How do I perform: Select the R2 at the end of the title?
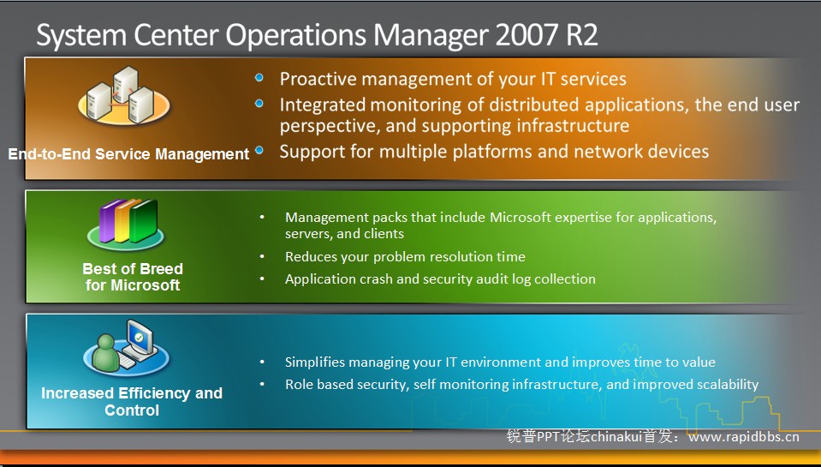[580, 35]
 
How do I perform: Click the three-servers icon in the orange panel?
[124, 95]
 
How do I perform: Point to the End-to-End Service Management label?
[128, 154]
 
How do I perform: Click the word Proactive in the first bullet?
[318, 79]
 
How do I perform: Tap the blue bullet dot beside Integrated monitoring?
[259, 103]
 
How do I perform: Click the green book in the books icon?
[144, 221]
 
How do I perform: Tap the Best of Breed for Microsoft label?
[133, 277]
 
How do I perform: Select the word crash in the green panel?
[376, 278]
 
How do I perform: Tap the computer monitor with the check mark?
[139, 340]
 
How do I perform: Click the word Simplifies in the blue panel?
[315, 362]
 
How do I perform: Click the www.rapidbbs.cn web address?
[743, 437]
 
